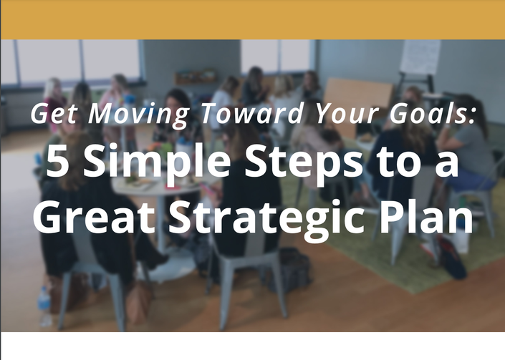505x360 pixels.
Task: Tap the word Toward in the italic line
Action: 252,113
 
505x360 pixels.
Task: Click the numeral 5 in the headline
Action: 57,160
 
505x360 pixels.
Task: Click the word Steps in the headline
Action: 304,163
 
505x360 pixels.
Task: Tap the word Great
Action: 94,216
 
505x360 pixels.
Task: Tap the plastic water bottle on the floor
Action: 44,306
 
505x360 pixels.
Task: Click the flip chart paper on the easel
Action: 420,57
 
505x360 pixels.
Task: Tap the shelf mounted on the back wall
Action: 196,77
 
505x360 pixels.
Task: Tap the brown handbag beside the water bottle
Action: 139,303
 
